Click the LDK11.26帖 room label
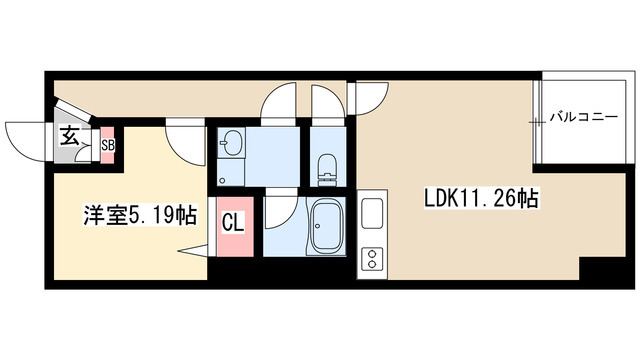point(482,198)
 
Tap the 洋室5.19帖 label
point(140,215)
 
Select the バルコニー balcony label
point(583,117)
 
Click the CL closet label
point(233,224)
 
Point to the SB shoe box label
point(108,145)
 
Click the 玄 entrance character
point(69,136)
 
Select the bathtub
point(326,227)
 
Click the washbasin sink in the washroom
point(232,143)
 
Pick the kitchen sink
point(372,213)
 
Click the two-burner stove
point(372,259)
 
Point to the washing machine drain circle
point(222,180)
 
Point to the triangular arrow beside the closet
point(193,251)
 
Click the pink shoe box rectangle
point(108,145)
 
